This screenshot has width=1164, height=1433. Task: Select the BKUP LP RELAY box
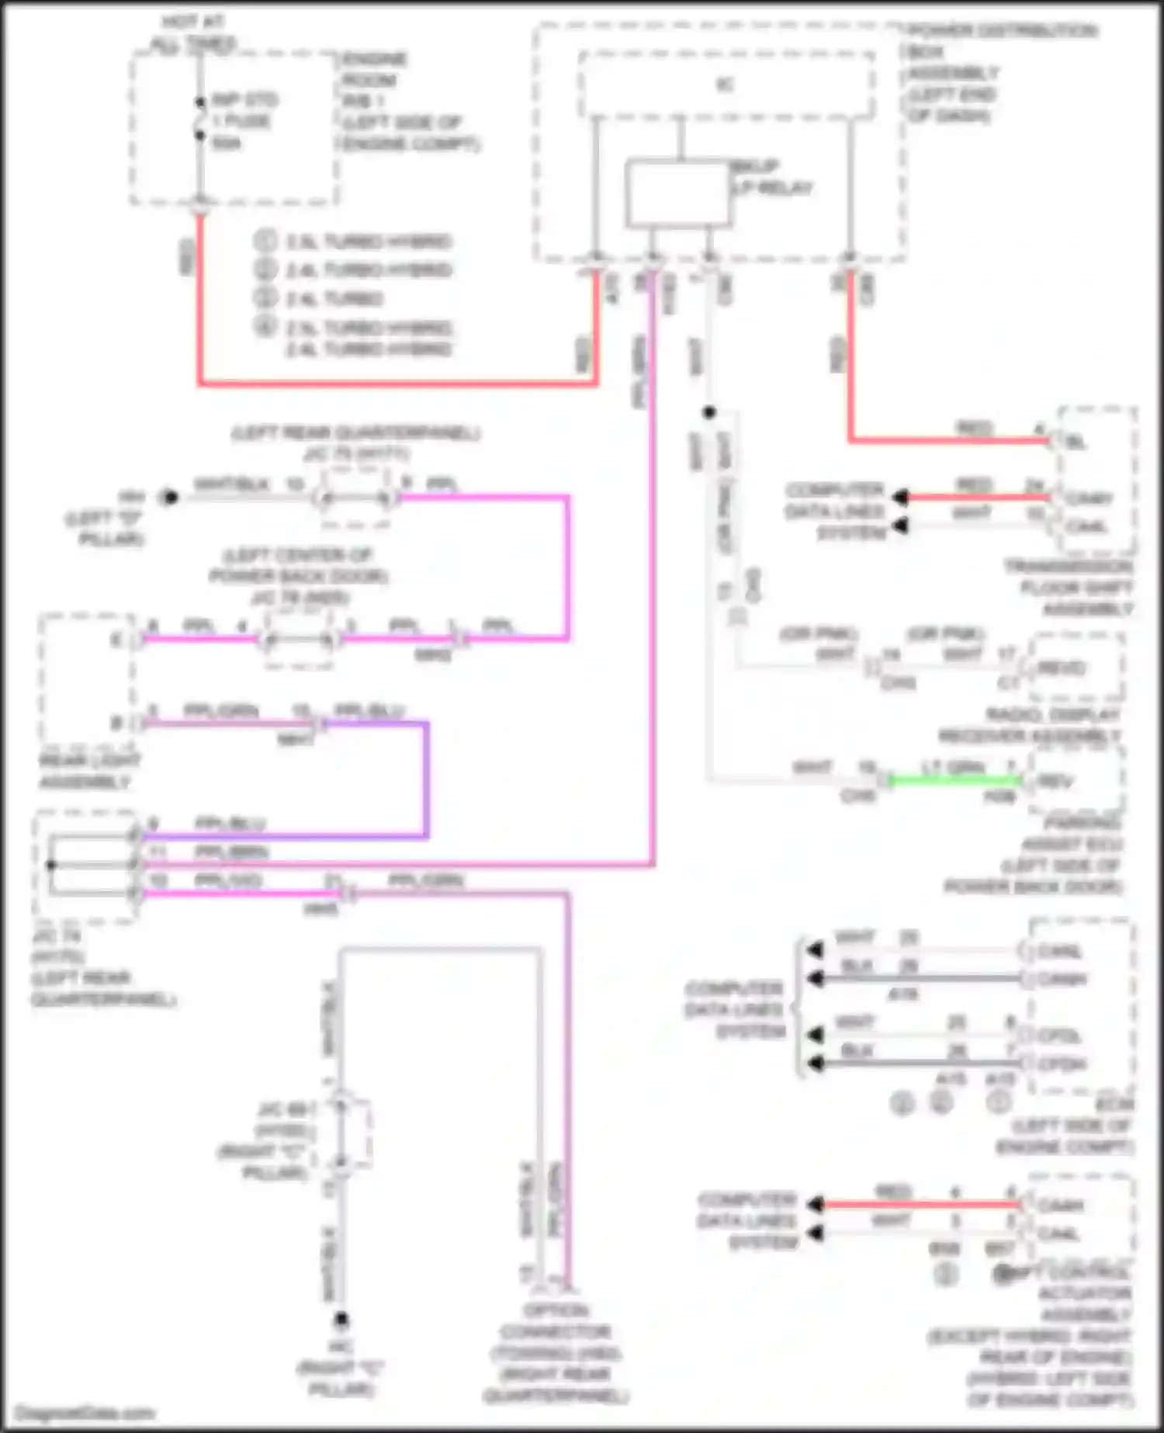pyautogui.click(x=677, y=193)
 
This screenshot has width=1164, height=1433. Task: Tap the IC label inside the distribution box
pyautogui.click(x=725, y=85)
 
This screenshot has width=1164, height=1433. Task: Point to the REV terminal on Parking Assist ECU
pyautogui.click(x=1056, y=782)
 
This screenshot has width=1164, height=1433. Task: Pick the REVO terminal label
pyautogui.click(x=1062, y=668)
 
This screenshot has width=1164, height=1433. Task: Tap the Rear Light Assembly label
pyautogui.click(x=89, y=771)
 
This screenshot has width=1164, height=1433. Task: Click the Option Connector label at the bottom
pyautogui.click(x=556, y=1353)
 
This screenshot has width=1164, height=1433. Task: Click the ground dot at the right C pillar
pyautogui.click(x=341, y=1319)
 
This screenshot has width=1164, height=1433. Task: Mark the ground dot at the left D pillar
pyautogui.click(x=169, y=498)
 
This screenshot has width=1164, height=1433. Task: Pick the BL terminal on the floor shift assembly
pyautogui.click(x=1076, y=442)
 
